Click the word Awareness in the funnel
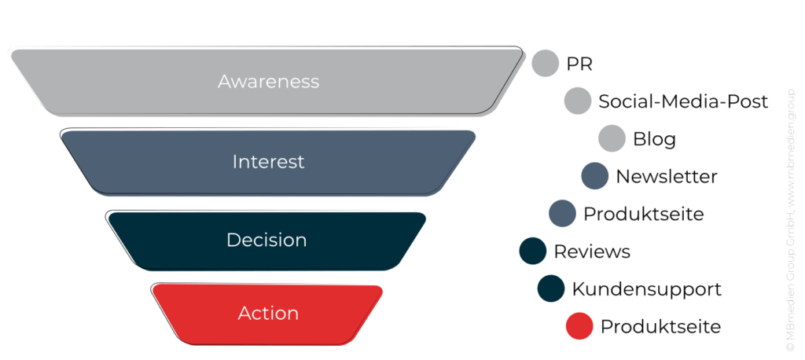click(x=268, y=82)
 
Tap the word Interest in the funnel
click(x=268, y=162)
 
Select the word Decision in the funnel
click(x=266, y=240)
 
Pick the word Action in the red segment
click(x=268, y=313)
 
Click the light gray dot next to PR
click(x=545, y=63)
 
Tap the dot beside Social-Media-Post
click(x=578, y=101)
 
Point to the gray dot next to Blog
click(x=612, y=138)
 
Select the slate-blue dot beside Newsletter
click(x=595, y=176)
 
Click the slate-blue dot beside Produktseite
click(x=562, y=213)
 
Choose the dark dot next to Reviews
click(x=533, y=251)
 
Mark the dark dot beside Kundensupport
click(x=551, y=288)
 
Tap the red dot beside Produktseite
click(x=579, y=325)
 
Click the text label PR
click(x=579, y=64)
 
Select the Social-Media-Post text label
click(x=683, y=101)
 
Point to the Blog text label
click(x=654, y=139)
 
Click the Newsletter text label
click(x=666, y=177)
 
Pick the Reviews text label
click(x=592, y=252)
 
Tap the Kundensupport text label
click(x=646, y=289)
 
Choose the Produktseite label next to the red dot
click(x=660, y=326)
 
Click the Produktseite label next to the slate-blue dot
click(x=643, y=214)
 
